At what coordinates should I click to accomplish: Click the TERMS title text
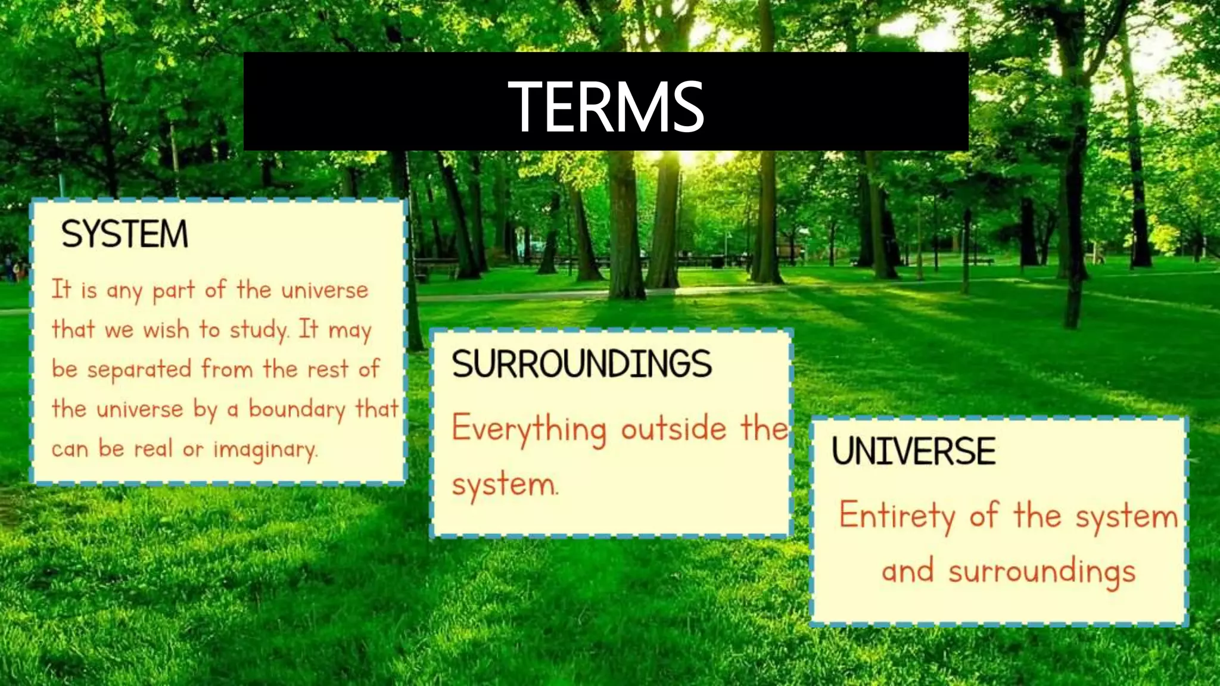pos(606,107)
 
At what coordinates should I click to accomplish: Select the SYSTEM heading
pos(125,234)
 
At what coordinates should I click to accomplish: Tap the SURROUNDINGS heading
pos(581,364)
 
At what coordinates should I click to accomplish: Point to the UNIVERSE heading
pos(913,451)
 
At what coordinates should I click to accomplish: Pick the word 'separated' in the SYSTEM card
pos(139,370)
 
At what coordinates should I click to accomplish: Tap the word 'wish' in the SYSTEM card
pos(166,330)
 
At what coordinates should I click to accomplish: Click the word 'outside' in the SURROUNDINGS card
pos(674,429)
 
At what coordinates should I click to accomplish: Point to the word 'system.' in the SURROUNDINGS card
pos(505,485)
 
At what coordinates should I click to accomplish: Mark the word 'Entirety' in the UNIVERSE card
pos(897,516)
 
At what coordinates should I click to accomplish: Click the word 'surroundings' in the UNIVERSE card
pos(1042,572)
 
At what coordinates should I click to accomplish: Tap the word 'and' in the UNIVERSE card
pos(907,571)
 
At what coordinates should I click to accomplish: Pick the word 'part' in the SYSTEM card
pos(173,291)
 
